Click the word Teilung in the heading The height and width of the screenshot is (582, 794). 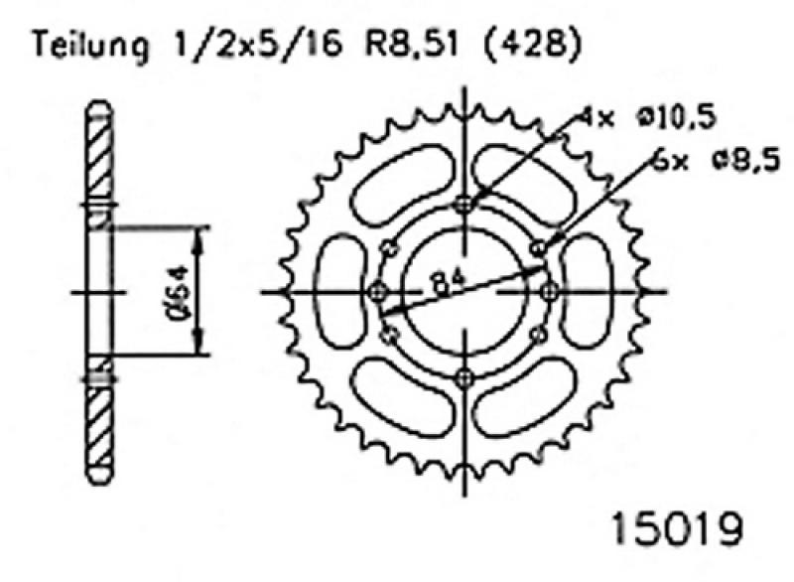(x=91, y=46)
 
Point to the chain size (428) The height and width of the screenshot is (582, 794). (x=532, y=45)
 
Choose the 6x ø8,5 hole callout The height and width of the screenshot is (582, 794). (x=715, y=162)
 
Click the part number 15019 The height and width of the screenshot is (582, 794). (x=678, y=529)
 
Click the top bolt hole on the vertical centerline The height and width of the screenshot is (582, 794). (x=464, y=206)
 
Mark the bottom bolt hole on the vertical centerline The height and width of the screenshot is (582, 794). (x=464, y=377)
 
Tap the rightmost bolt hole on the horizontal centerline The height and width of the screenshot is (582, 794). (x=551, y=292)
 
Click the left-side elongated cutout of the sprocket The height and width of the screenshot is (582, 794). (x=340, y=292)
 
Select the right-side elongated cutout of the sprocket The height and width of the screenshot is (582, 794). (x=588, y=291)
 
